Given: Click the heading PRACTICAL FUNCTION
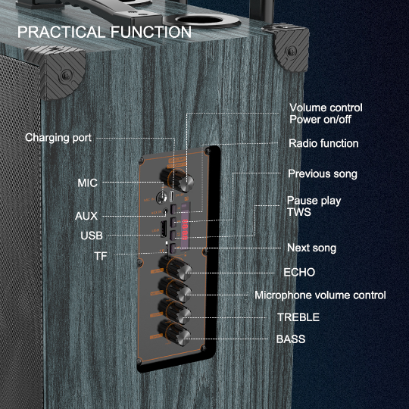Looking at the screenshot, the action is (x=105, y=32).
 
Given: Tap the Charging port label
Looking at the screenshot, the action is (x=58, y=138).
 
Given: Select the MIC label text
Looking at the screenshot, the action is (x=87, y=183).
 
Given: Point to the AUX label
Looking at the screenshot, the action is (x=86, y=216).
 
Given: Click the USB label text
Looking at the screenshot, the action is (x=92, y=236).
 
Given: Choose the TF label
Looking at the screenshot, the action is (x=101, y=256).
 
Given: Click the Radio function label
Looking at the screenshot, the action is (x=323, y=143).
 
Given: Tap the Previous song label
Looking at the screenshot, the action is (x=323, y=174).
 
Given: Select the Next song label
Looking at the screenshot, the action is (x=312, y=248).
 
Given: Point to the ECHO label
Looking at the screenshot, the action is (x=299, y=273).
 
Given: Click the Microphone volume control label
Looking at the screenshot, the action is (x=320, y=295).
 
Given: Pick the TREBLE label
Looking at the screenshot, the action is (x=298, y=317).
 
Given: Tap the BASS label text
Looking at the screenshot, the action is (x=291, y=339).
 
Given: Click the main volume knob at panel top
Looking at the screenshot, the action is (x=177, y=180).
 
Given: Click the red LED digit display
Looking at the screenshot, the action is (x=185, y=229).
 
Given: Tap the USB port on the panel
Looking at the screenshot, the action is (x=164, y=229).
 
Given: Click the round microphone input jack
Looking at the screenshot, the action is (x=161, y=198).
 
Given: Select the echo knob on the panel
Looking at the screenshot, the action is (x=176, y=268).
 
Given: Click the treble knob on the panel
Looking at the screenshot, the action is (x=175, y=311).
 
